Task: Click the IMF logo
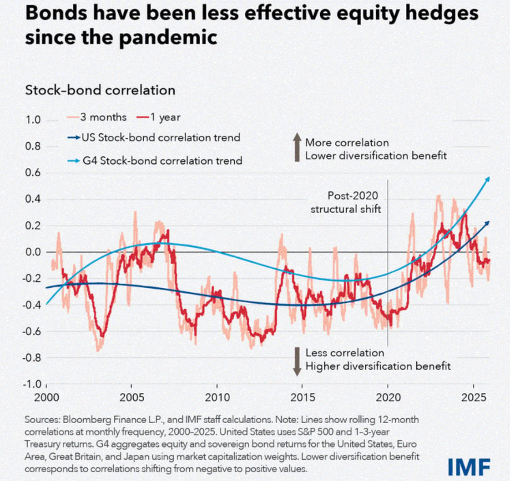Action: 468,465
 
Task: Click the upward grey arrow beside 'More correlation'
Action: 297,148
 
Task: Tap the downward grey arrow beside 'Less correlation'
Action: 297,361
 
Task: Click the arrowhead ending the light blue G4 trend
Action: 487,179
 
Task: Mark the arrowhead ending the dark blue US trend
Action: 487,223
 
